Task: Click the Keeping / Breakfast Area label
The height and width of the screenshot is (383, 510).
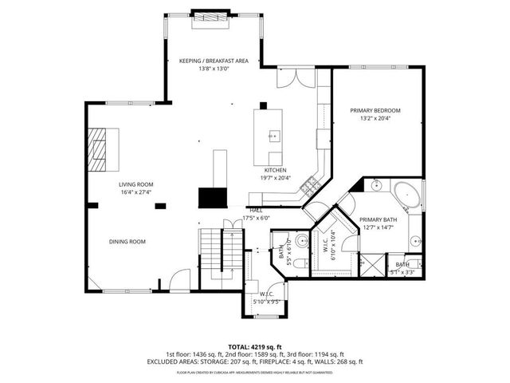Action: click(214, 61)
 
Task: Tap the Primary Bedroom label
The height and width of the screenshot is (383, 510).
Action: click(375, 110)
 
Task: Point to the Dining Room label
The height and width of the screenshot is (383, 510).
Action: click(127, 242)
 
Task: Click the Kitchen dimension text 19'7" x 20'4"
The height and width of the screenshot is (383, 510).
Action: click(275, 178)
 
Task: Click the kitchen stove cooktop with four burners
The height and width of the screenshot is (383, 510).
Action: click(311, 187)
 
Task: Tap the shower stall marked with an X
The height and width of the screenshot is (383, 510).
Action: click(372, 263)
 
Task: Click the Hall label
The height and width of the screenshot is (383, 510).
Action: click(256, 211)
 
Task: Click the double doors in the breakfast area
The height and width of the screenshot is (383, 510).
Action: click(288, 78)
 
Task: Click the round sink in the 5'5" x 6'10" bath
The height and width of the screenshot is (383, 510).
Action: click(301, 242)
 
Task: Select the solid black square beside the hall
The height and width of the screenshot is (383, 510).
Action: click(213, 198)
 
